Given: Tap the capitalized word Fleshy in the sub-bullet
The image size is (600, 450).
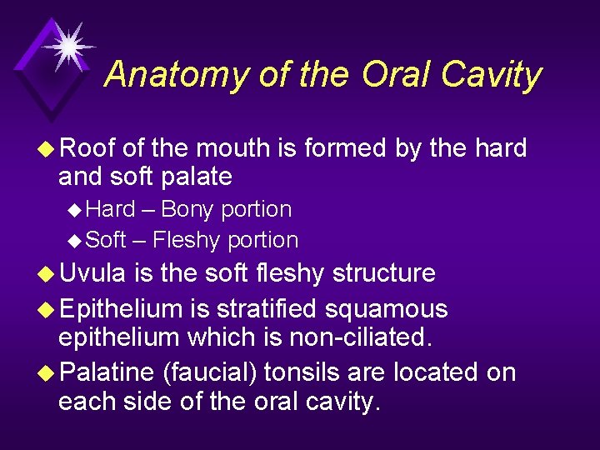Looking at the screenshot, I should [187, 240].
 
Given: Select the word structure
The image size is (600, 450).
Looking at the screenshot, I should [385, 273].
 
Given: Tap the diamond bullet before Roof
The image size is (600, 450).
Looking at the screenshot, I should [48, 149].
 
